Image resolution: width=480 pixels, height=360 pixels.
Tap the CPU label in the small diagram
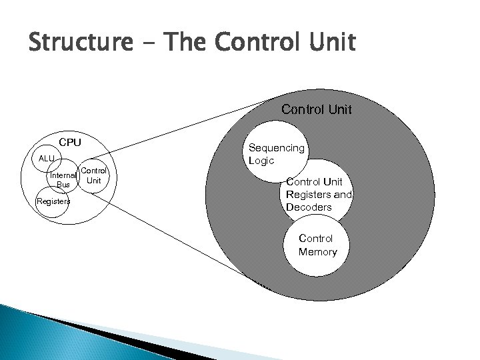70,142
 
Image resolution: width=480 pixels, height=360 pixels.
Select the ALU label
47,159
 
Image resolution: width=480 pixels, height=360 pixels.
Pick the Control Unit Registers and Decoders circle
319,193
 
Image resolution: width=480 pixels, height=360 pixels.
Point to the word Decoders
309,207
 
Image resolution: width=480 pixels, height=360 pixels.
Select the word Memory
317,252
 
